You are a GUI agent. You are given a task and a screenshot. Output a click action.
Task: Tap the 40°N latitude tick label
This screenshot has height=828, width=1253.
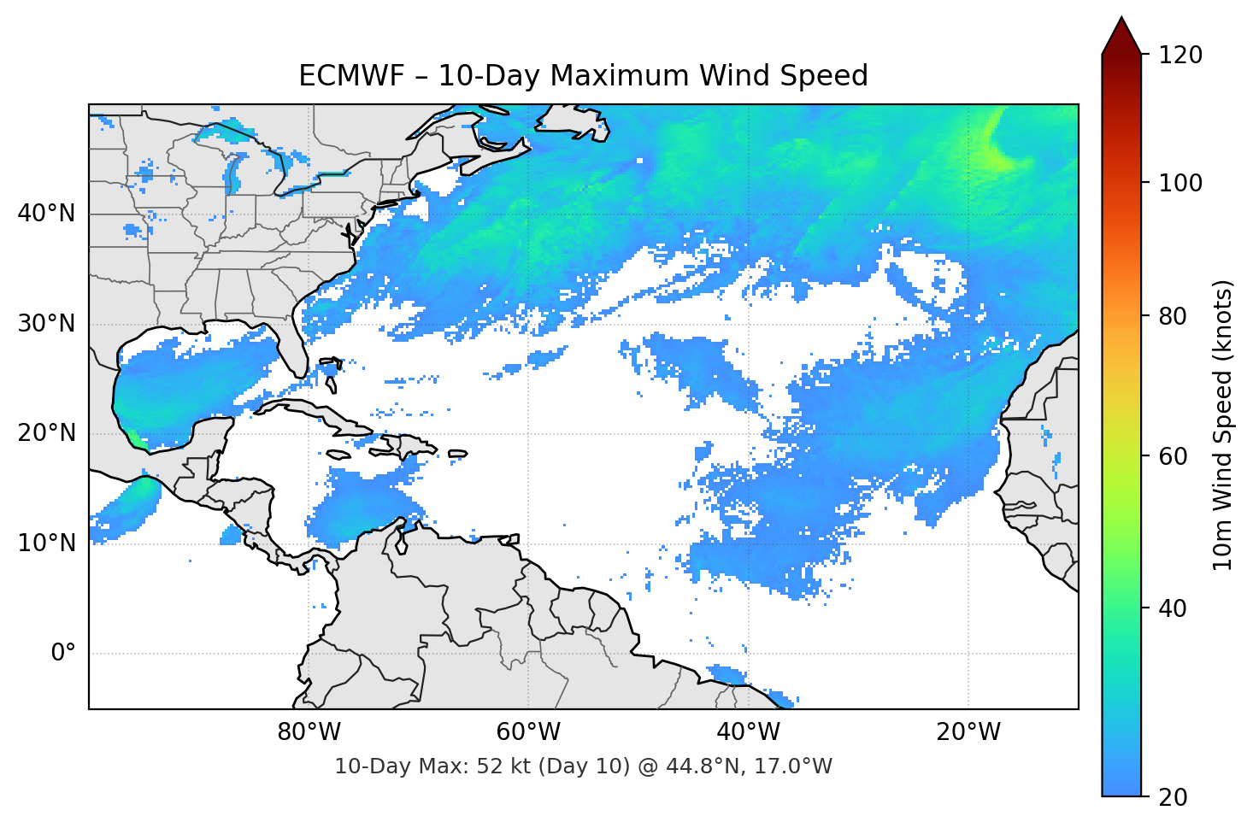point(47,214)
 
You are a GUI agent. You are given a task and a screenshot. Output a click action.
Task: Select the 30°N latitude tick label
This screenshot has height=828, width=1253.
point(47,324)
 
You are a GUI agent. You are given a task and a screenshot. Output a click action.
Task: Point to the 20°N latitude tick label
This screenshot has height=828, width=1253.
point(47,433)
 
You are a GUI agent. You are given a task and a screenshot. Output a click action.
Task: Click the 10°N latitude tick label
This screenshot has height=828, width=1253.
point(47,543)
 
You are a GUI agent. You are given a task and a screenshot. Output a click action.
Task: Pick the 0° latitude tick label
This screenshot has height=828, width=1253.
point(63,654)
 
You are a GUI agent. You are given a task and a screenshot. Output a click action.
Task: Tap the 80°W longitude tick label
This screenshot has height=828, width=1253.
point(309,732)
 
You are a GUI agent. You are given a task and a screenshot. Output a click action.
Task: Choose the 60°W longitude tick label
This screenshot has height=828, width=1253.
point(528,732)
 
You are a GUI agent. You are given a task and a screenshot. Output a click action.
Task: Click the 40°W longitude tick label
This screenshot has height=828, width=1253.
point(748,732)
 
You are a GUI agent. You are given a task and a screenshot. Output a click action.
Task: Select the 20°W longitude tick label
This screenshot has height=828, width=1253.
point(968,732)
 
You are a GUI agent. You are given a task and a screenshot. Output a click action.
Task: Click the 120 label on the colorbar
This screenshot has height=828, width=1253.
point(1180,56)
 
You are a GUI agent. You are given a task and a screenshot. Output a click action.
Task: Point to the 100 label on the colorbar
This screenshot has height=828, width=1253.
point(1180,183)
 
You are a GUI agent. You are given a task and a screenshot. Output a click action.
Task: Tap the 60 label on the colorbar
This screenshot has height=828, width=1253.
point(1174,456)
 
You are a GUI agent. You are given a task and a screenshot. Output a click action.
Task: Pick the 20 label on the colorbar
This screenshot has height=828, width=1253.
point(1174,797)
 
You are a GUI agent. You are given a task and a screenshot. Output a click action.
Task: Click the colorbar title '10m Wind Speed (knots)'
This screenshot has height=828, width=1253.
point(1223,426)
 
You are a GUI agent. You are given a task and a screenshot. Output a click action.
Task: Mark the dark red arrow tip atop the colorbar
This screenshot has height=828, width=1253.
point(1121,32)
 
